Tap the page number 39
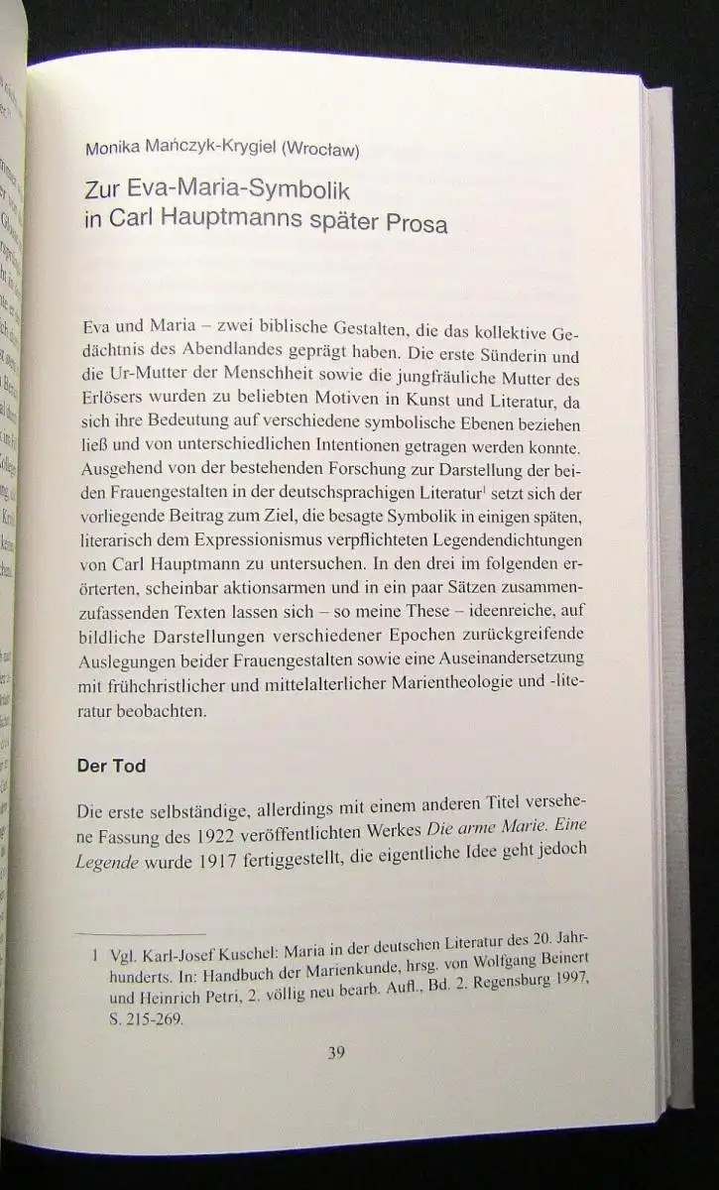(x=336, y=1052)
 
